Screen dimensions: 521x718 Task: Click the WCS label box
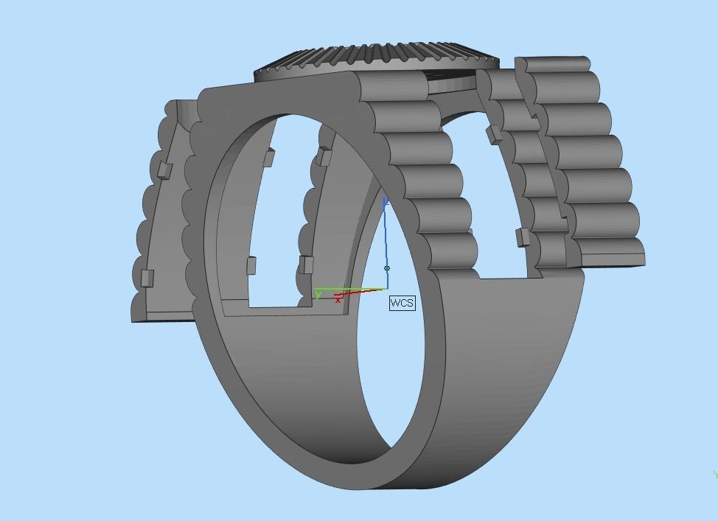point(402,303)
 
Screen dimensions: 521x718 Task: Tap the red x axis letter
point(338,300)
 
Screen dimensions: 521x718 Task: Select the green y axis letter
point(318,294)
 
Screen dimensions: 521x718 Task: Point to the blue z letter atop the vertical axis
point(386,200)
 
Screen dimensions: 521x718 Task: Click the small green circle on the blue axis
point(387,268)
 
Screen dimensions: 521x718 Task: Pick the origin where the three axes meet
point(386,289)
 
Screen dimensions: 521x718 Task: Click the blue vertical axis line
point(386,236)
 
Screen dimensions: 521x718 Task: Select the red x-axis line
point(361,293)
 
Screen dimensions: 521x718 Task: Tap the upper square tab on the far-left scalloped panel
point(164,170)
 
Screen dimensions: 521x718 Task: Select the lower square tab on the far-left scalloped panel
point(147,278)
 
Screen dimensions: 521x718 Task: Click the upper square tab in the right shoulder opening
point(492,135)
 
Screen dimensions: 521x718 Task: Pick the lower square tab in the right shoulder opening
point(523,237)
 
